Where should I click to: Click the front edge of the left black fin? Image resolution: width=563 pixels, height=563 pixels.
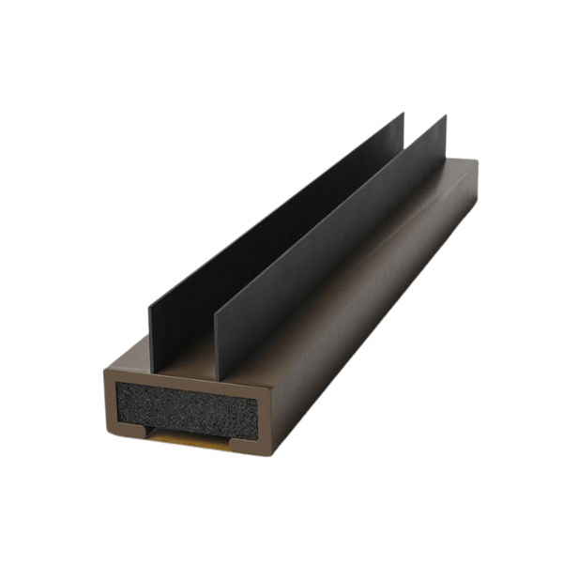[x=149, y=339]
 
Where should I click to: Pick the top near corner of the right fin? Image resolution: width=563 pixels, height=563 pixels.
[x=216, y=311]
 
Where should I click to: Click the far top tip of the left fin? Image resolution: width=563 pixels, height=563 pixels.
[x=403, y=114]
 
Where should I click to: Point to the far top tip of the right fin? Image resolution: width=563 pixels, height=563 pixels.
[x=445, y=116]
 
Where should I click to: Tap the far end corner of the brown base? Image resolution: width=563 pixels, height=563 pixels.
[x=477, y=162]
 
